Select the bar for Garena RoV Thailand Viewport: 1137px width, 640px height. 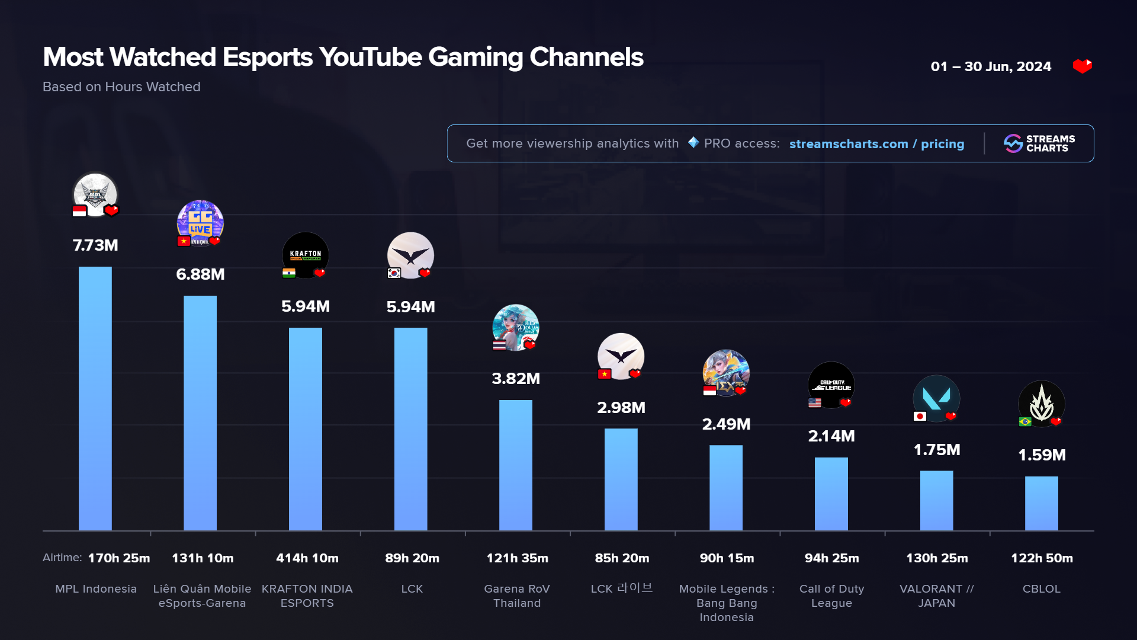pos(516,465)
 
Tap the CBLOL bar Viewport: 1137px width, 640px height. pos(1041,503)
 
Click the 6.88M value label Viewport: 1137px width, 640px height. pos(200,274)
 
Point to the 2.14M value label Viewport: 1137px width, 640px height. pos(831,436)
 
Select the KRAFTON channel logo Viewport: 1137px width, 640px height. pos(306,255)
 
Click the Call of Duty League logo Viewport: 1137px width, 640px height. pos(831,385)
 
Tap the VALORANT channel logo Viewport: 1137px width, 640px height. pos(936,398)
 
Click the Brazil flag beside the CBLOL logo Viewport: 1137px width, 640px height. pos(1025,421)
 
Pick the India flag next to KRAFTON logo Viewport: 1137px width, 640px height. pos(289,273)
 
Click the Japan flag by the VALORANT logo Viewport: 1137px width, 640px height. pos(920,416)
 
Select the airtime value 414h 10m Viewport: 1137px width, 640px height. pos(307,558)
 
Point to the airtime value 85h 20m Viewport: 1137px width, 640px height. pos(622,558)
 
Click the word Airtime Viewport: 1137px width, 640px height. pos(62,558)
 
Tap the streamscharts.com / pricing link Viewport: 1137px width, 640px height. pos(876,144)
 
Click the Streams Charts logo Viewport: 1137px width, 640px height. pos(1039,143)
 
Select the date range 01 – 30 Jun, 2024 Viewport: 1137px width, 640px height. pos(991,66)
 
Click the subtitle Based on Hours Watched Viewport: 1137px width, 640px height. pos(121,87)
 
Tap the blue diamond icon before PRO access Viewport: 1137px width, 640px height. pos(693,143)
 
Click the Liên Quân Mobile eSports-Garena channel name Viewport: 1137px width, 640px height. pos(202,596)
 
